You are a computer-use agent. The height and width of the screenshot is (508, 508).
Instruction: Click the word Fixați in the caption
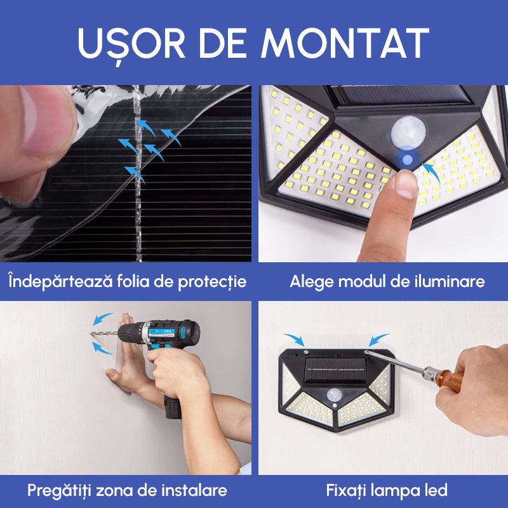349,490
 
